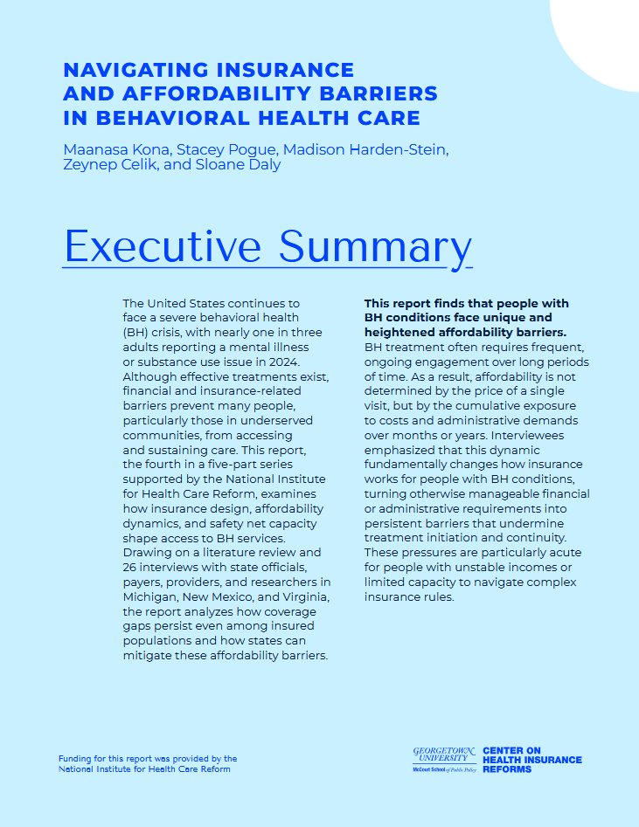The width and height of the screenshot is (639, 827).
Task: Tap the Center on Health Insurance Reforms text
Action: pyautogui.click(x=531, y=760)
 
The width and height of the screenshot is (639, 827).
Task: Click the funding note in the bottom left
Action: pyautogui.click(x=147, y=764)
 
